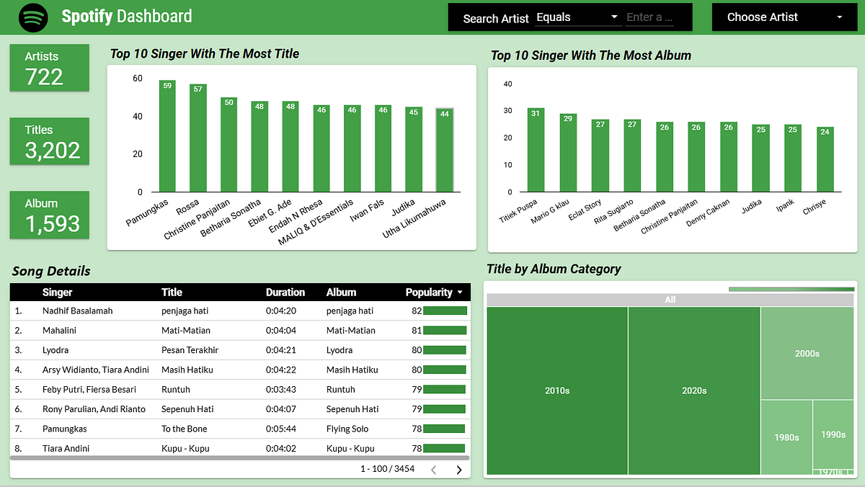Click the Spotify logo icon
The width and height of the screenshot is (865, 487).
(x=33, y=17)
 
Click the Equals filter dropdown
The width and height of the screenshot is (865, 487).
(x=577, y=17)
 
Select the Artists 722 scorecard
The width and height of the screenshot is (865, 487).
(x=50, y=68)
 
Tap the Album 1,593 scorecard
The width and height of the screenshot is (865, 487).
(x=50, y=215)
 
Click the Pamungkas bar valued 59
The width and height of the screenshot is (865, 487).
(x=167, y=137)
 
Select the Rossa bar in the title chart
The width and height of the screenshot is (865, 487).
(x=198, y=138)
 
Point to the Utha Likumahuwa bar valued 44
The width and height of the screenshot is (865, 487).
(x=445, y=151)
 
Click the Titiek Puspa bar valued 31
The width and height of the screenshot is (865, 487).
(x=536, y=150)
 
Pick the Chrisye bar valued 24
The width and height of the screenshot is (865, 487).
(x=825, y=159)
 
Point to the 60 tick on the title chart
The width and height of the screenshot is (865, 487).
(x=138, y=78)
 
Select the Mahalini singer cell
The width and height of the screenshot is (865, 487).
(x=59, y=331)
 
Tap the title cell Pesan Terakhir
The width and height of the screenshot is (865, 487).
(x=190, y=350)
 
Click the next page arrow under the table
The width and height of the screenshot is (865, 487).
(x=459, y=470)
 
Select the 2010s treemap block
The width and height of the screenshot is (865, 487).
(x=557, y=390)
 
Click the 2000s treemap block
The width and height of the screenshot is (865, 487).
(x=807, y=353)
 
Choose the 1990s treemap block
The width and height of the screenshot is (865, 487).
(x=833, y=434)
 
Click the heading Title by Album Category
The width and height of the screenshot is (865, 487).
(x=554, y=269)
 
